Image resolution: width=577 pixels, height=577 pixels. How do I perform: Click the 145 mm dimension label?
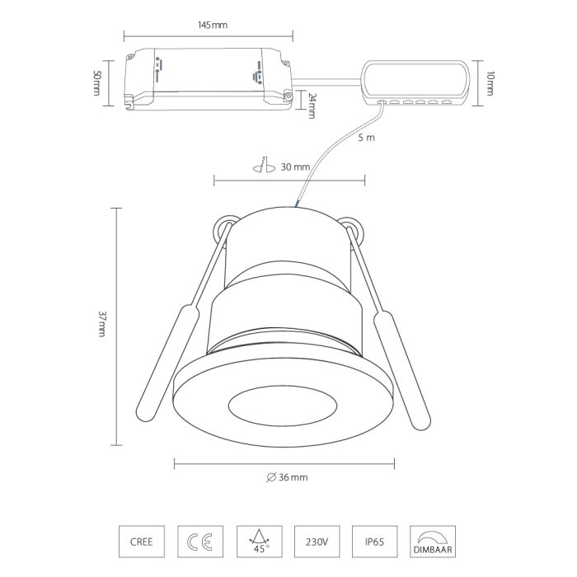[213, 25]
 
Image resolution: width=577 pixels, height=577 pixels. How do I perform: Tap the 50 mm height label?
[96, 83]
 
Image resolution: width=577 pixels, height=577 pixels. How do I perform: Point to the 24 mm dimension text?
[312, 106]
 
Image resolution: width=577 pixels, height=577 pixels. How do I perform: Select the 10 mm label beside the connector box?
[490, 83]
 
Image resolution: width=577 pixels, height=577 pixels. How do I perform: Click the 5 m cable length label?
[366, 138]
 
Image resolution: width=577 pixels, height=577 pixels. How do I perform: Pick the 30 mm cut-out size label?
[295, 167]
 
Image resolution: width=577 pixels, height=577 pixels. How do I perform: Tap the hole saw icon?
[265, 165]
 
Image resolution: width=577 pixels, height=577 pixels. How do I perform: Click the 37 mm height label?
[102, 324]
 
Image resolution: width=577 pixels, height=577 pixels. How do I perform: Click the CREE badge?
[142, 542]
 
